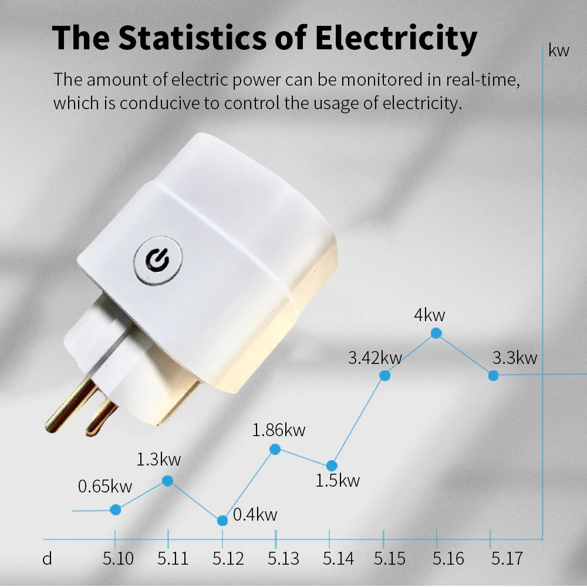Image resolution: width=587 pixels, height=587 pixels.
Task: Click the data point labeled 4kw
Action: [436, 333]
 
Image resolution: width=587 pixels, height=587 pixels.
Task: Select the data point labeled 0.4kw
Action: [222, 521]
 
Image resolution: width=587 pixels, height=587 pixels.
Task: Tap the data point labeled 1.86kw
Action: [275, 449]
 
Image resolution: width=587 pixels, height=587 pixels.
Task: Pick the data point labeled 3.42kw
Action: [385, 376]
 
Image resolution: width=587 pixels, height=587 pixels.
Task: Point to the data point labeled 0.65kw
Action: [116, 510]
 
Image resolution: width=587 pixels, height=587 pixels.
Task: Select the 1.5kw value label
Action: [338, 481]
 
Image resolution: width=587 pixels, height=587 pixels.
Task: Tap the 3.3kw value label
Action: [515, 357]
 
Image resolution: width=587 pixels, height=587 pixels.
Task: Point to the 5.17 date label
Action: [506, 558]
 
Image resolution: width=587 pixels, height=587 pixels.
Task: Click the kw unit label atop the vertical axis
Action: [559, 50]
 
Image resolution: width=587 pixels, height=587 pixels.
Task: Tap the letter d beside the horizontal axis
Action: [47, 558]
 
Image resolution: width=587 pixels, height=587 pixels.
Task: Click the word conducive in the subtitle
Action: [151, 104]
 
